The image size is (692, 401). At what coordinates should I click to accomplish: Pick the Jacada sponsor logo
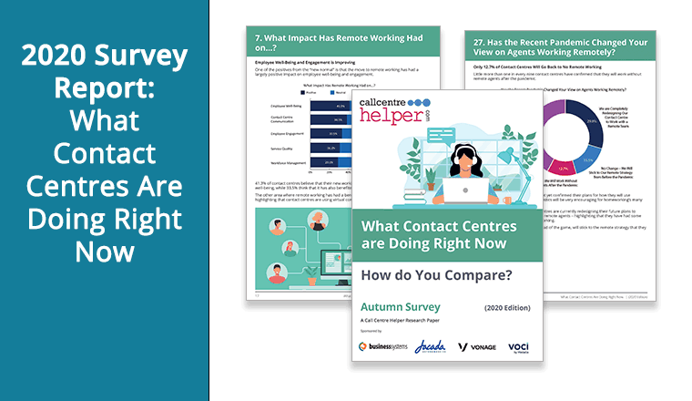click(x=430, y=347)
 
